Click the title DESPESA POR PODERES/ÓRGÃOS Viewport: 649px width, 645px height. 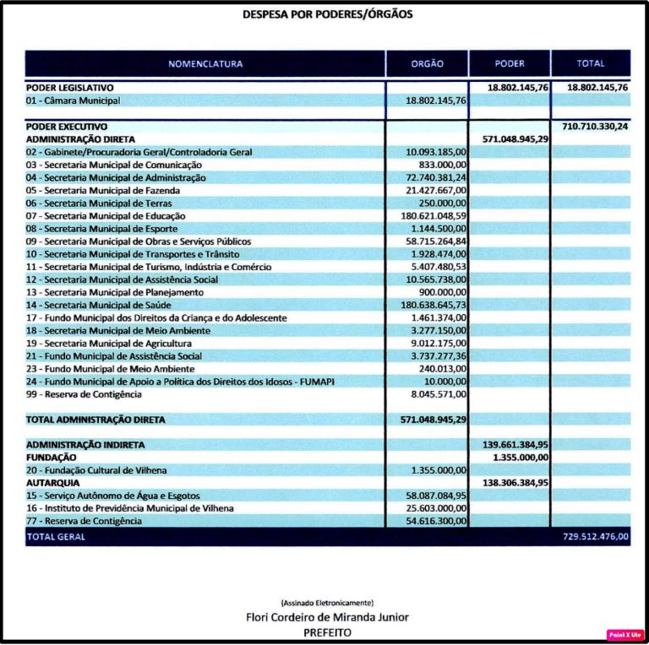click(x=328, y=14)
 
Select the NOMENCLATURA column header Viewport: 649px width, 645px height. click(x=205, y=64)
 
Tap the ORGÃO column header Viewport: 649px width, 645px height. click(x=427, y=64)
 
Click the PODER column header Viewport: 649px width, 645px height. click(x=510, y=64)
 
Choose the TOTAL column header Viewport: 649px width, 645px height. click(x=591, y=64)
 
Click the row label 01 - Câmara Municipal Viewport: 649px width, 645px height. click(x=74, y=100)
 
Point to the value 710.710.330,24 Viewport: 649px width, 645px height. click(x=594, y=126)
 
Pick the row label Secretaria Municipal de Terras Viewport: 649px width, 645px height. click(x=99, y=203)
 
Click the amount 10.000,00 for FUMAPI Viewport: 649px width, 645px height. click(x=445, y=382)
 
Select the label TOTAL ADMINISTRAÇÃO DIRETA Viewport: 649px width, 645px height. click(x=95, y=419)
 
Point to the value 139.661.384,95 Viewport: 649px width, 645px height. click(x=515, y=444)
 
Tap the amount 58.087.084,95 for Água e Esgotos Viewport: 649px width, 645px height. click(x=436, y=496)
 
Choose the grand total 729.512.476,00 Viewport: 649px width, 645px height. click(x=595, y=536)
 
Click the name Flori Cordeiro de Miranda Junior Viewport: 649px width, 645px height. click(x=326, y=617)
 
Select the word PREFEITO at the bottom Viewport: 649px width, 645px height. click(x=327, y=631)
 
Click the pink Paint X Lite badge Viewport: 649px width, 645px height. click(x=624, y=634)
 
